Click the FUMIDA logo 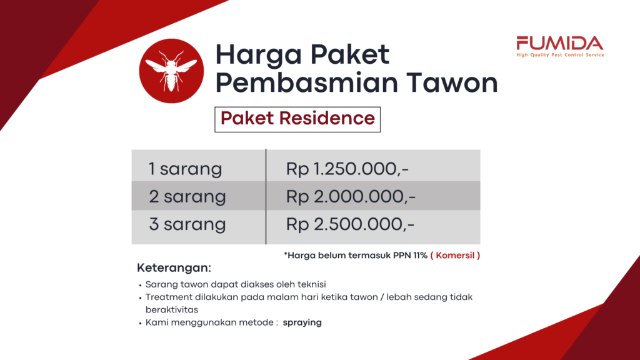click(x=560, y=46)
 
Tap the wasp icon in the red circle click(x=171, y=71)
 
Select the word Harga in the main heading click(x=259, y=56)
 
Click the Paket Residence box click(x=297, y=119)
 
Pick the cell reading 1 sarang click(x=185, y=169)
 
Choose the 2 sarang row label click(x=187, y=196)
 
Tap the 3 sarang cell click(x=187, y=224)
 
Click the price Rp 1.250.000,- click(x=347, y=169)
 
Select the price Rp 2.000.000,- click(x=351, y=196)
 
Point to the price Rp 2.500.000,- click(x=350, y=224)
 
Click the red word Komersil click(x=455, y=256)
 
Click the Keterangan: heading click(x=174, y=267)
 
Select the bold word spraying click(x=302, y=322)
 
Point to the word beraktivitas click(x=172, y=309)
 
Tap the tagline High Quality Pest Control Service click(x=560, y=55)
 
